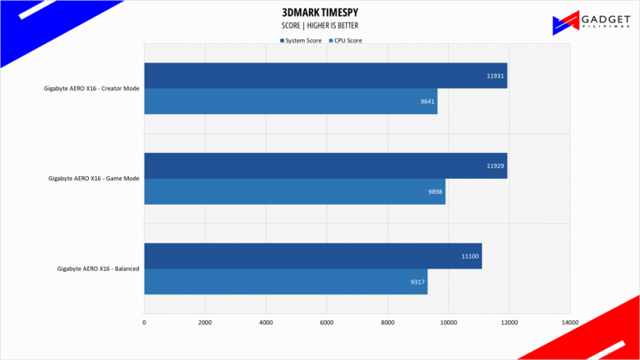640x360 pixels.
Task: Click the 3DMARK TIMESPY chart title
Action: [x=320, y=13]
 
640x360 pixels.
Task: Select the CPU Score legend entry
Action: [x=345, y=40]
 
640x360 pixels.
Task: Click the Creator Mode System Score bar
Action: [x=325, y=76]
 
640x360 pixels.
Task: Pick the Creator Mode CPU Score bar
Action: [x=290, y=101]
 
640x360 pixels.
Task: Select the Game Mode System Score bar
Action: [x=325, y=165]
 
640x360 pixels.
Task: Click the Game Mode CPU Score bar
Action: [x=294, y=191]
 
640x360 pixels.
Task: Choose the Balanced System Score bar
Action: [x=313, y=256]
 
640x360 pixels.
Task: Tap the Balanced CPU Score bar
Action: [x=285, y=281]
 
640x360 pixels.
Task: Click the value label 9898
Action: [x=434, y=191]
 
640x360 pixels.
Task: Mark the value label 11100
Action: [x=470, y=256]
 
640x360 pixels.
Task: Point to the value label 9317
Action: [x=416, y=282]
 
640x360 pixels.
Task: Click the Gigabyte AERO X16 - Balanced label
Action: [x=97, y=269]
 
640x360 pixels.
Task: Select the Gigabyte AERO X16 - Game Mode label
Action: [x=93, y=178]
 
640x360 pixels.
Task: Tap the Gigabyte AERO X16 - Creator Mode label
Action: [x=91, y=88]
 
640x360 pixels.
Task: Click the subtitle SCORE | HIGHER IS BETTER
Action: [x=320, y=26]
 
